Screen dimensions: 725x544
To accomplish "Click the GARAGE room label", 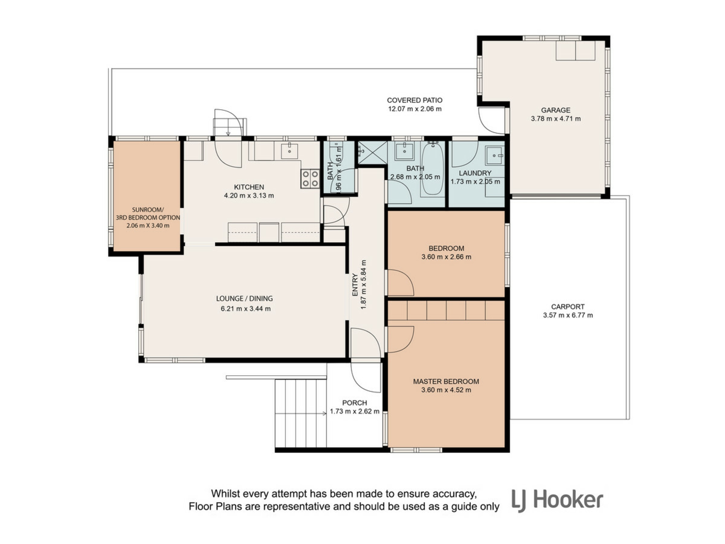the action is [555, 110].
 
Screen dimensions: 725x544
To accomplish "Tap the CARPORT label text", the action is [568, 307].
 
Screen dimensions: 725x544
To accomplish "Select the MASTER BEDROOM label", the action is [446, 382].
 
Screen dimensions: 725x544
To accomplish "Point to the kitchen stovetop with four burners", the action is [310, 179].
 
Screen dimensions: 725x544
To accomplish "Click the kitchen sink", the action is [289, 151].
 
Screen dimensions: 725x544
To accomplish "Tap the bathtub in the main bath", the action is [433, 169].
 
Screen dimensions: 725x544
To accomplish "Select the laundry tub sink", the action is [495, 155].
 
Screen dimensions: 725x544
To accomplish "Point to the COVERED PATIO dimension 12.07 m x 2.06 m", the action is [415, 109].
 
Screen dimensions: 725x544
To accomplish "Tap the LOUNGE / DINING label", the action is [244, 298].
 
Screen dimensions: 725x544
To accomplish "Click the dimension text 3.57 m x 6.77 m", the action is [568, 315].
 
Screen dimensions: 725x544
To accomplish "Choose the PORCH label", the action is [355, 403].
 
